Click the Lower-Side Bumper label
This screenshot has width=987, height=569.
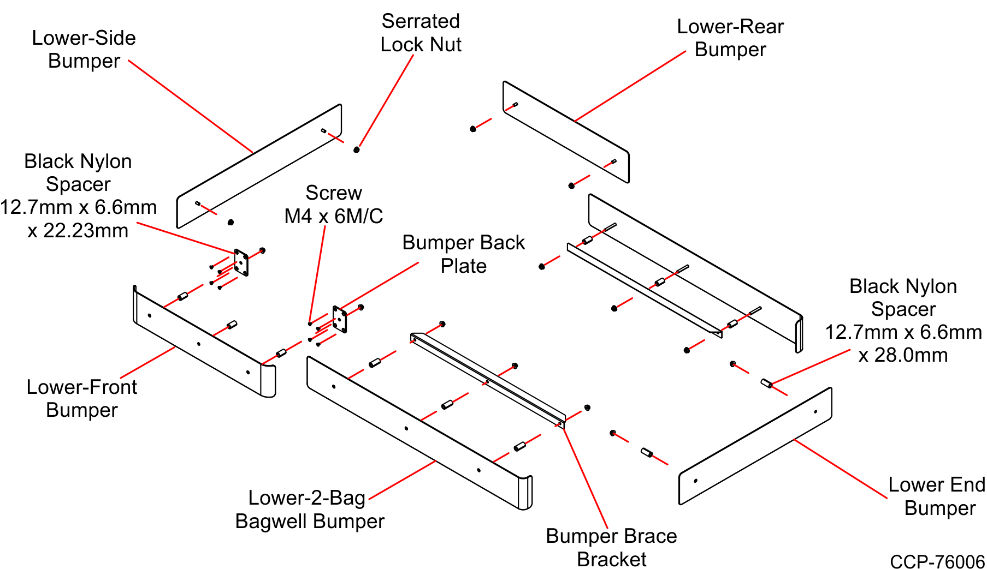[84, 49]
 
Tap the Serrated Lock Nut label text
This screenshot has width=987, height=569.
[421, 33]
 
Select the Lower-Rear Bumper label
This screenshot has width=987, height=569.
[730, 38]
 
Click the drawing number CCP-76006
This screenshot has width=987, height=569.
[937, 561]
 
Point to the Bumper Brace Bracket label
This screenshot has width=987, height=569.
[611, 547]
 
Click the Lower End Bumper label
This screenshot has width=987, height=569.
[936, 496]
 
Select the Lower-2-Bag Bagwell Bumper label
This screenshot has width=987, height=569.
[310, 510]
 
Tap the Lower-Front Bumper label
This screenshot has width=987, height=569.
[82, 398]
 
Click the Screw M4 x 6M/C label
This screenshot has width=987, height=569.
[333, 205]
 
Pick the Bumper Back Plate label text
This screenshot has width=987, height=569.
[463, 254]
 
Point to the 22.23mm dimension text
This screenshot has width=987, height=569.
[78, 230]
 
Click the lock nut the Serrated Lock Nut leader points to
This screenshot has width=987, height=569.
[357, 149]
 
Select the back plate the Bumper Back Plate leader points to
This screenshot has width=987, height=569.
[340, 319]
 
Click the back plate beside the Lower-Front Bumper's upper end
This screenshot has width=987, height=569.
[241, 262]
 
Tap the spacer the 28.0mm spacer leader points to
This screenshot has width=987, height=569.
[766, 384]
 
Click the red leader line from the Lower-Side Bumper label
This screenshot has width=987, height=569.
[191, 106]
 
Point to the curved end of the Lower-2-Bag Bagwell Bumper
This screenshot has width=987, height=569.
[525, 493]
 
